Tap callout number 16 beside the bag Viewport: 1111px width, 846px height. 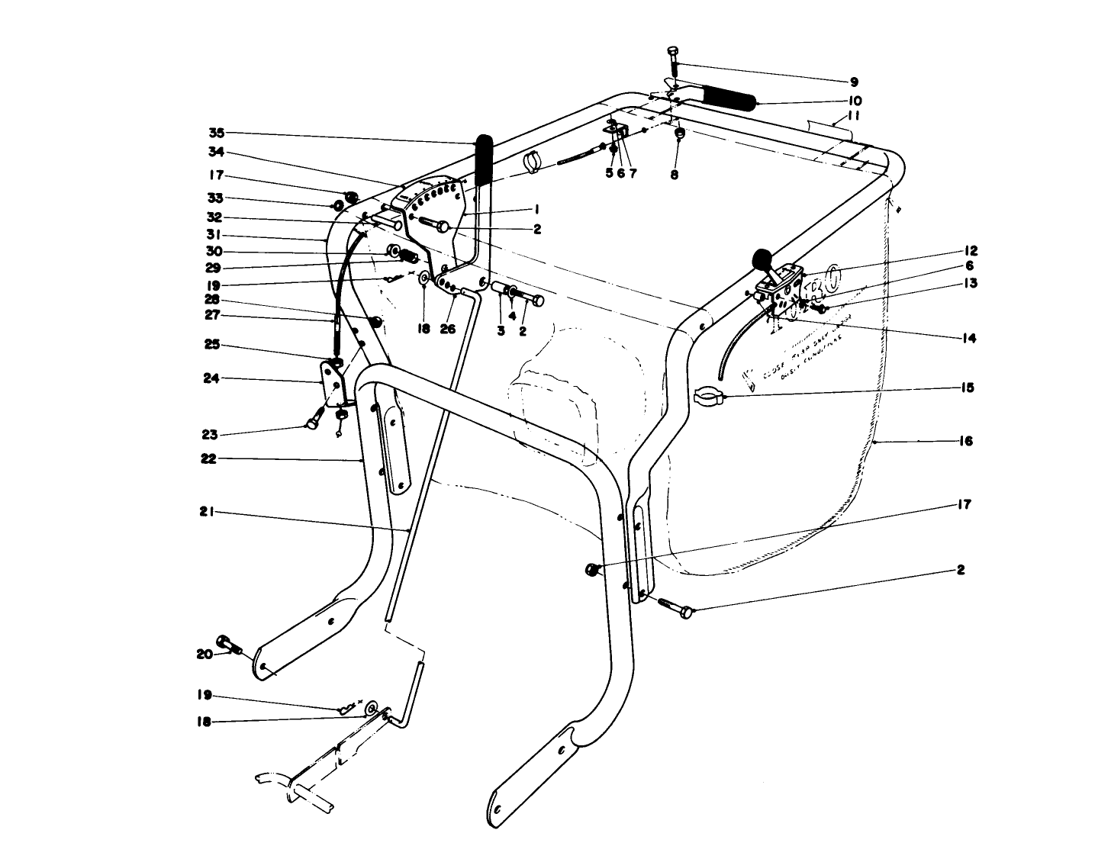pyautogui.click(x=965, y=441)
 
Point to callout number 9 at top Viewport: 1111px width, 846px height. pyautogui.click(x=854, y=82)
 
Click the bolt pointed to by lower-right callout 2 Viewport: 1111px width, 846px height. pyautogui.click(x=674, y=607)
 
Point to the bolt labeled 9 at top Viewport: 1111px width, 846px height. pyautogui.click(x=672, y=61)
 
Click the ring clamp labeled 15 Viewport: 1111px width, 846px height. pyautogui.click(x=707, y=395)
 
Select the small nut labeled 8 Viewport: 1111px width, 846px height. pyautogui.click(x=679, y=134)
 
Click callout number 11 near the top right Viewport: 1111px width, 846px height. pyautogui.click(x=854, y=117)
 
